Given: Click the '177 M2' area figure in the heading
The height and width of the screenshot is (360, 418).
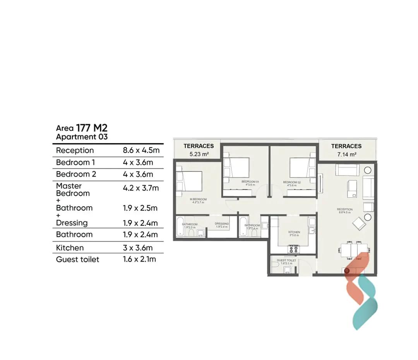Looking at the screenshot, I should click(x=91, y=128).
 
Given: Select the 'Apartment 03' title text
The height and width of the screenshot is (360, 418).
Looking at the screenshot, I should click(x=82, y=137).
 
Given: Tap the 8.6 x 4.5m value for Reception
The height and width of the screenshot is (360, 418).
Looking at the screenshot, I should click(x=141, y=150).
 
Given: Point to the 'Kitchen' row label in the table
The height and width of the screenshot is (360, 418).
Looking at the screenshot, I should click(x=70, y=248).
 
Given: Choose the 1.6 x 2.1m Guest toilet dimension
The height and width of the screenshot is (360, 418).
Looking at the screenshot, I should click(x=139, y=259).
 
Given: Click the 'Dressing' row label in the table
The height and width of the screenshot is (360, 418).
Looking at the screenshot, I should click(x=72, y=223).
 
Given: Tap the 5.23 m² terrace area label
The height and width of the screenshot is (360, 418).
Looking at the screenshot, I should click(x=199, y=154).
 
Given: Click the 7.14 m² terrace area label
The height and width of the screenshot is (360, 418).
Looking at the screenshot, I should click(x=346, y=154).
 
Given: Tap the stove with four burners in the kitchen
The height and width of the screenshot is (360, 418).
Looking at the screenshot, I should click(x=293, y=249).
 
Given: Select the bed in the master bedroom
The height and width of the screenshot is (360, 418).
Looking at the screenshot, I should click(x=190, y=181).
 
